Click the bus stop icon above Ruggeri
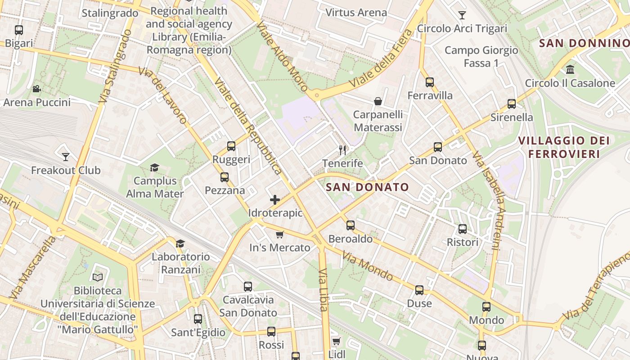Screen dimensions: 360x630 (231, 146)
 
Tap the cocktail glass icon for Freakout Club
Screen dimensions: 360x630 (66, 157)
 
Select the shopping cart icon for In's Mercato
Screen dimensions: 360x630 (279, 234)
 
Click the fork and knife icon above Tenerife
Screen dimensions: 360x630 (342, 150)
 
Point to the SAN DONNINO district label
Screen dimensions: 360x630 (584, 43)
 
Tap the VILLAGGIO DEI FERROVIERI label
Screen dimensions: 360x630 (564, 147)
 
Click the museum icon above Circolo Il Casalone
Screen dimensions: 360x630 (570, 69)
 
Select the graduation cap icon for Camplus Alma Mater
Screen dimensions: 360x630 (155, 167)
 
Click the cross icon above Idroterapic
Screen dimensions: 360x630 (275, 200)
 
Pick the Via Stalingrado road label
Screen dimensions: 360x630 (115, 67)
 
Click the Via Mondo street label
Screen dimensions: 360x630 (368, 265)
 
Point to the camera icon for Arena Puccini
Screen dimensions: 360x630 (37, 89)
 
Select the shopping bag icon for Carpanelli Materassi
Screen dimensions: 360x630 (378, 101)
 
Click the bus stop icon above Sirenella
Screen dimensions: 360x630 (512, 104)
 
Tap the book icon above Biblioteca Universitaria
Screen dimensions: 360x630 (98, 277)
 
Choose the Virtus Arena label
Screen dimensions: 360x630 (356, 12)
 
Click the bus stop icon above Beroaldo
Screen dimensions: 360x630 (351, 225)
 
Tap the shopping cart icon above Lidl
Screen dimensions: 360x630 (336, 341)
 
